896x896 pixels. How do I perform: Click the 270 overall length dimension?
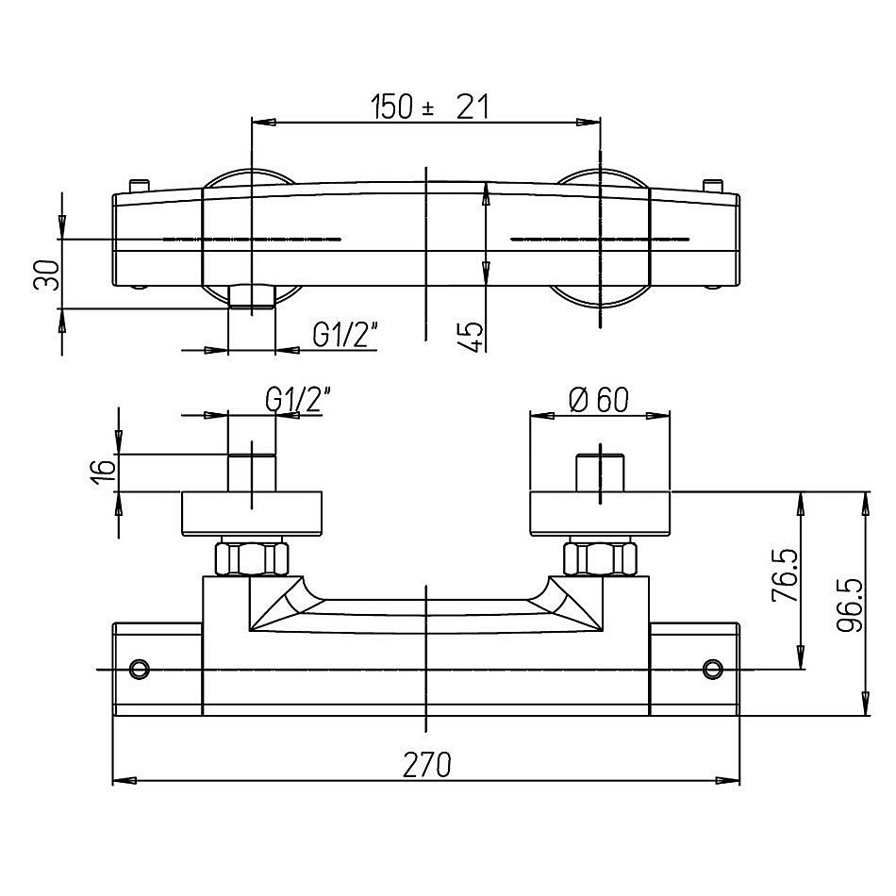(x=427, y=765)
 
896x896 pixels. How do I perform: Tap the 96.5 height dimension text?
(x=849, y=606)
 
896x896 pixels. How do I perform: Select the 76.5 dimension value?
(x=785, y=575)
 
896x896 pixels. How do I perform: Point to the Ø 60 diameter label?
(x=599, y=399)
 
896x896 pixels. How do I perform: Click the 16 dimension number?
(x=104, y=473)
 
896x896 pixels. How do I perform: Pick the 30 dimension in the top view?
(x=47, y=274)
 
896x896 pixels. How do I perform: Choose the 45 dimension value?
(x=472, y=336)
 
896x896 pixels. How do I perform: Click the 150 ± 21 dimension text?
(x=430, y=107)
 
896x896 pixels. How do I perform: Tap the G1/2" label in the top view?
(x=346, y=335)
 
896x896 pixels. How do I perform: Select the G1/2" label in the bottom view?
(x=299, y=399)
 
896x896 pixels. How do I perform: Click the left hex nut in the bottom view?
(x=252, y=558)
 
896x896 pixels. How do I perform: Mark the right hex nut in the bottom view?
(x=600, y=558)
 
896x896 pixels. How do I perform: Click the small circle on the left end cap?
(x=140, y=669)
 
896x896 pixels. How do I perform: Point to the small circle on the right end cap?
(x=713, y=669)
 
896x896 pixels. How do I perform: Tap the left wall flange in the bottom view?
(x=252, y=514)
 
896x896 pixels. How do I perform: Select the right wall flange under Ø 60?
(x=600, y=514)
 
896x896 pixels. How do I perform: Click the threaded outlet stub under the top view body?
(x=252, y=297)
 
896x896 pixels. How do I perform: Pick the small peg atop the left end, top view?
(x=140, y=187)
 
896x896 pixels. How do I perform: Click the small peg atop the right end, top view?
(x=712, y=187)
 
